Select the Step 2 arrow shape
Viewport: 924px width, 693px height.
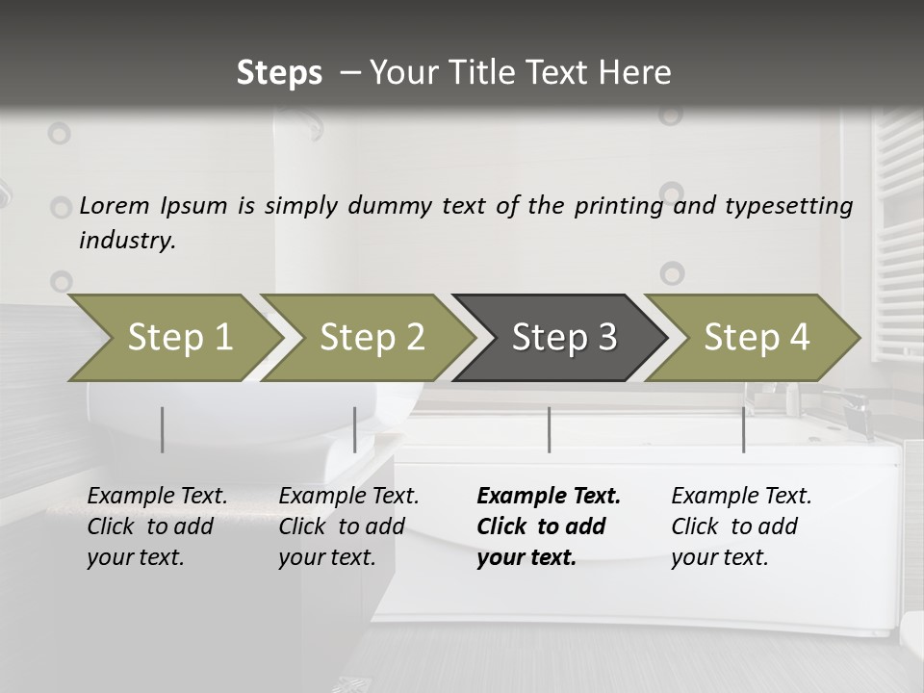click(x=371, y=338)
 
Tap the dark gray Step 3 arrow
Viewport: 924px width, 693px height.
click(x=563, y=338)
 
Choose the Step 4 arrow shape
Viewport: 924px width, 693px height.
click(x=756, y=338)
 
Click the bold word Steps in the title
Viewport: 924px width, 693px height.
click(x=279, y=72)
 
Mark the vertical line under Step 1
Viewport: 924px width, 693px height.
click(x=163, y=429)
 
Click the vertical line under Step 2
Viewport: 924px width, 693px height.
click(x=355, y=429)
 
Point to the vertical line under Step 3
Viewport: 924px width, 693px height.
click(x=549, y=429)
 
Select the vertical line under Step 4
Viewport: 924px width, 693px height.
click(x=743, y=429)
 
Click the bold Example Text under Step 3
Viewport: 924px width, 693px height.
click(x=549, y=496)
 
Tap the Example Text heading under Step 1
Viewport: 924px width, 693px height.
click(x=157, y=496)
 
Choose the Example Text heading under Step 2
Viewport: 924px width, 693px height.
click(x=348, y=496)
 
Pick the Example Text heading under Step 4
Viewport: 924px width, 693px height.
click(x=741, y=496)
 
